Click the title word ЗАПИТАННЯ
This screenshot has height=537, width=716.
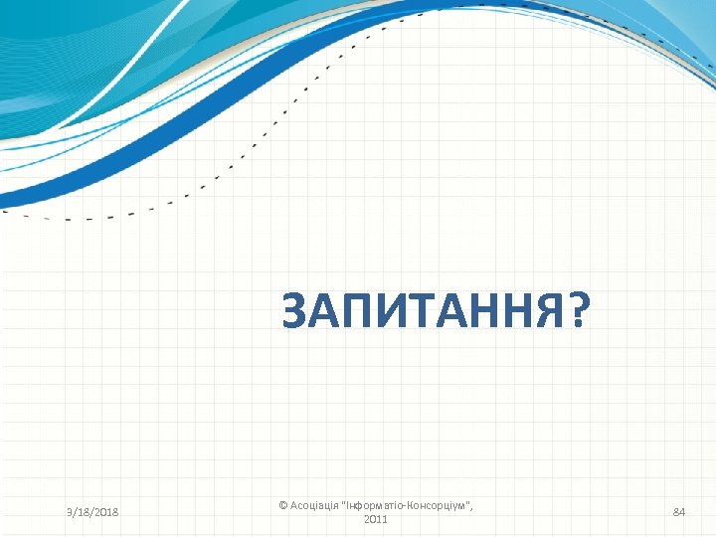coord(424,312)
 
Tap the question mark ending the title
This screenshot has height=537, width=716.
coord(577,312)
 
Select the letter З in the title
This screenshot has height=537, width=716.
coord(295,312)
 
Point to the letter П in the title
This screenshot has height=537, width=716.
coord(359,312)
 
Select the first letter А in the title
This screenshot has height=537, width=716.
coord(326,312)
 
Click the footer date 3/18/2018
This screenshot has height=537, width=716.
coord(92,512)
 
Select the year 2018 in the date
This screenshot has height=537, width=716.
coord(104,512)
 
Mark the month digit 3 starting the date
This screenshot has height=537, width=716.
coord(70,512)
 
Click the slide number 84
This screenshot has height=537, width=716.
coord(679,512)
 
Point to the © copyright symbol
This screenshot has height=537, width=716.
coord(283,506)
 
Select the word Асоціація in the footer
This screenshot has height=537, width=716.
coord(313,506)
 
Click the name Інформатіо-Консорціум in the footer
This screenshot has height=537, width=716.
coord(407,506)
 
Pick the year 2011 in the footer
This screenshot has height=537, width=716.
coord(376,520)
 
